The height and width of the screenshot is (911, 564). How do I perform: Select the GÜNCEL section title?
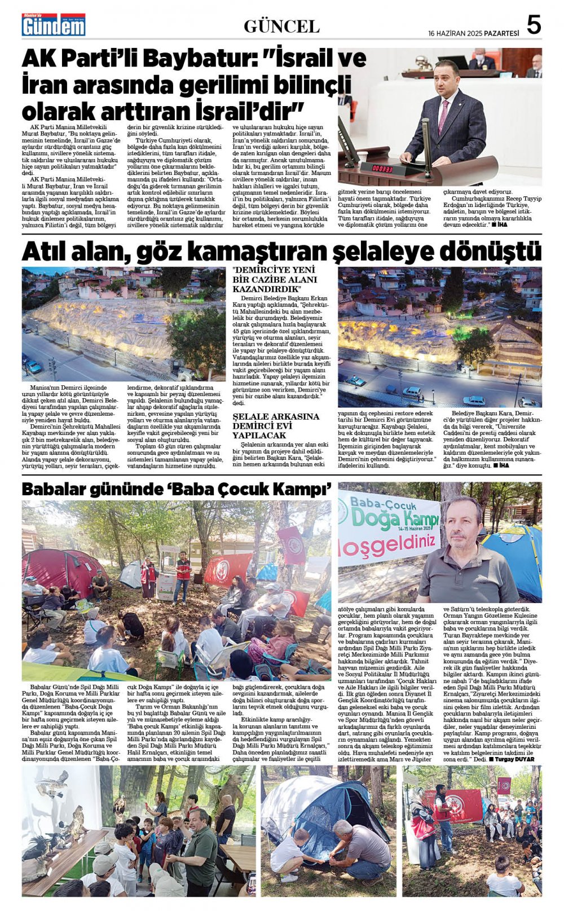pos(281,26)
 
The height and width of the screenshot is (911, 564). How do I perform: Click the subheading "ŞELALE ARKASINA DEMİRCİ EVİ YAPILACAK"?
pos(276,426)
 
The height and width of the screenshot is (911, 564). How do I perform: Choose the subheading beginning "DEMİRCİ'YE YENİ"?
pos(275,279)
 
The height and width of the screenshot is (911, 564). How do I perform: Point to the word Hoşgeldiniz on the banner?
pos(389,543)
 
